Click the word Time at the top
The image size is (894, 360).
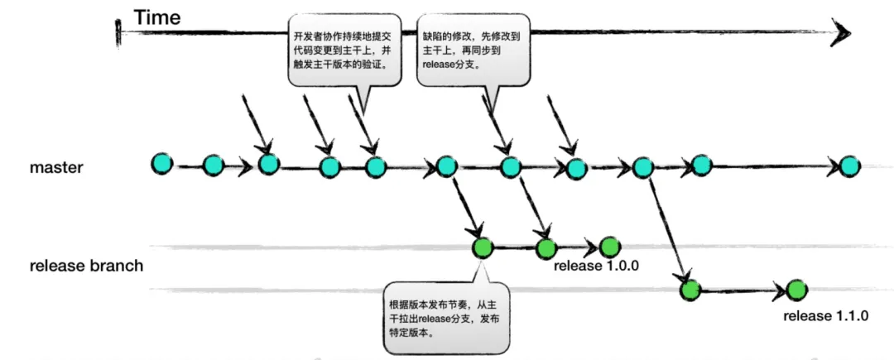tap(158, 17)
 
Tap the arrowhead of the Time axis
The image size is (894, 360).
tap(842, 32)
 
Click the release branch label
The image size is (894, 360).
tap(86, 266)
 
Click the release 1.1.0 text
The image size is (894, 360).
tap(826, 315)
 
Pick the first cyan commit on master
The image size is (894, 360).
tap(162, 164)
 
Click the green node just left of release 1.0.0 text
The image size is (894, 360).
tap(609, 247)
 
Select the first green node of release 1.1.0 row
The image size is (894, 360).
tap(690, 290)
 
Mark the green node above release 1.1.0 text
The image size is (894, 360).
tap(796, 290)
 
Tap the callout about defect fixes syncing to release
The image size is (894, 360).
tap(470, 50)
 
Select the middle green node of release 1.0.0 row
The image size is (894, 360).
tap(545, 247)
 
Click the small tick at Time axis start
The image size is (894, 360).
tap(120, 32)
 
